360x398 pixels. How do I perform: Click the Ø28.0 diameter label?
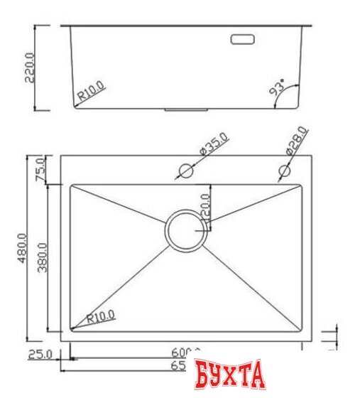coord(296,141)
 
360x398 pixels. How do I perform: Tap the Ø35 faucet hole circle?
coord(185,171)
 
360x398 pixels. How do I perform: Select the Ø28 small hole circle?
coord(285,171)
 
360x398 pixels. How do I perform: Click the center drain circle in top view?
coord(186,230)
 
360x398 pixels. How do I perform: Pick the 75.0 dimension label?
coord(40,170)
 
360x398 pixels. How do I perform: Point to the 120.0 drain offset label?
coord(206,207)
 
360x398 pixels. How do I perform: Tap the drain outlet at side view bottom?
coord(186,110)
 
